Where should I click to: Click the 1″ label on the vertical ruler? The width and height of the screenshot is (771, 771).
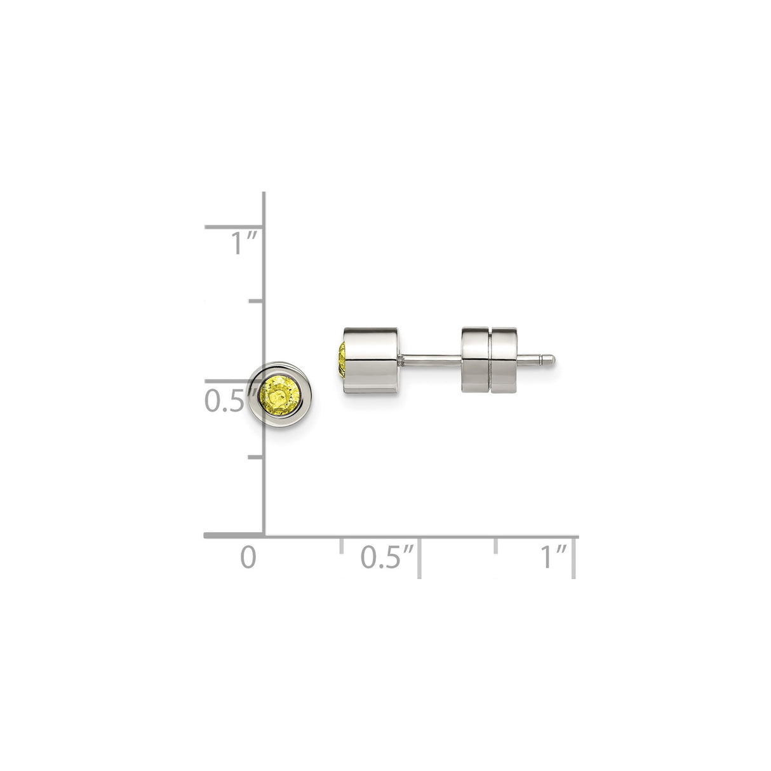243,244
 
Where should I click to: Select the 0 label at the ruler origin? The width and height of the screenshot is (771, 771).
249,557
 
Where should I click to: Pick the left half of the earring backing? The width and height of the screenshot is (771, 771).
476,361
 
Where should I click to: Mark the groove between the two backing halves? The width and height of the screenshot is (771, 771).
490,361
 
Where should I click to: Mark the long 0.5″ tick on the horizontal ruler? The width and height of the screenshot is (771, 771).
419,556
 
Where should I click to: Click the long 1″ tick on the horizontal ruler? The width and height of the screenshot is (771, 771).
575,556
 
